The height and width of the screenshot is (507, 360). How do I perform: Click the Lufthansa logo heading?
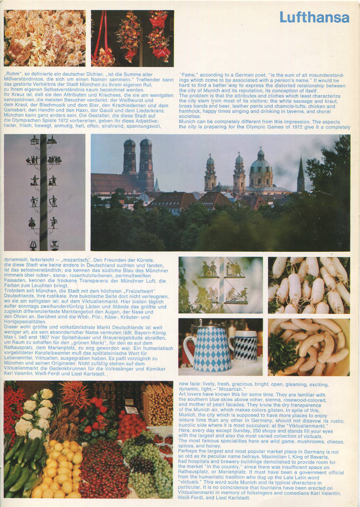tap(314, 18)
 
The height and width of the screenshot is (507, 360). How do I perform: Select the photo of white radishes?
tap(309, 285)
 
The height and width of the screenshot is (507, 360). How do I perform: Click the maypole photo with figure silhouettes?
tap(45, 192)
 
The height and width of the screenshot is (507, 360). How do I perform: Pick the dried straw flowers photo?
tap(45, 38)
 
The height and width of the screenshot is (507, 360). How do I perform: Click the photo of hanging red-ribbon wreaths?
tap(132, 38)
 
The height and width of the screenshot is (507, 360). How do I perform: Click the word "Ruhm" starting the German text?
tap(11, 75)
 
